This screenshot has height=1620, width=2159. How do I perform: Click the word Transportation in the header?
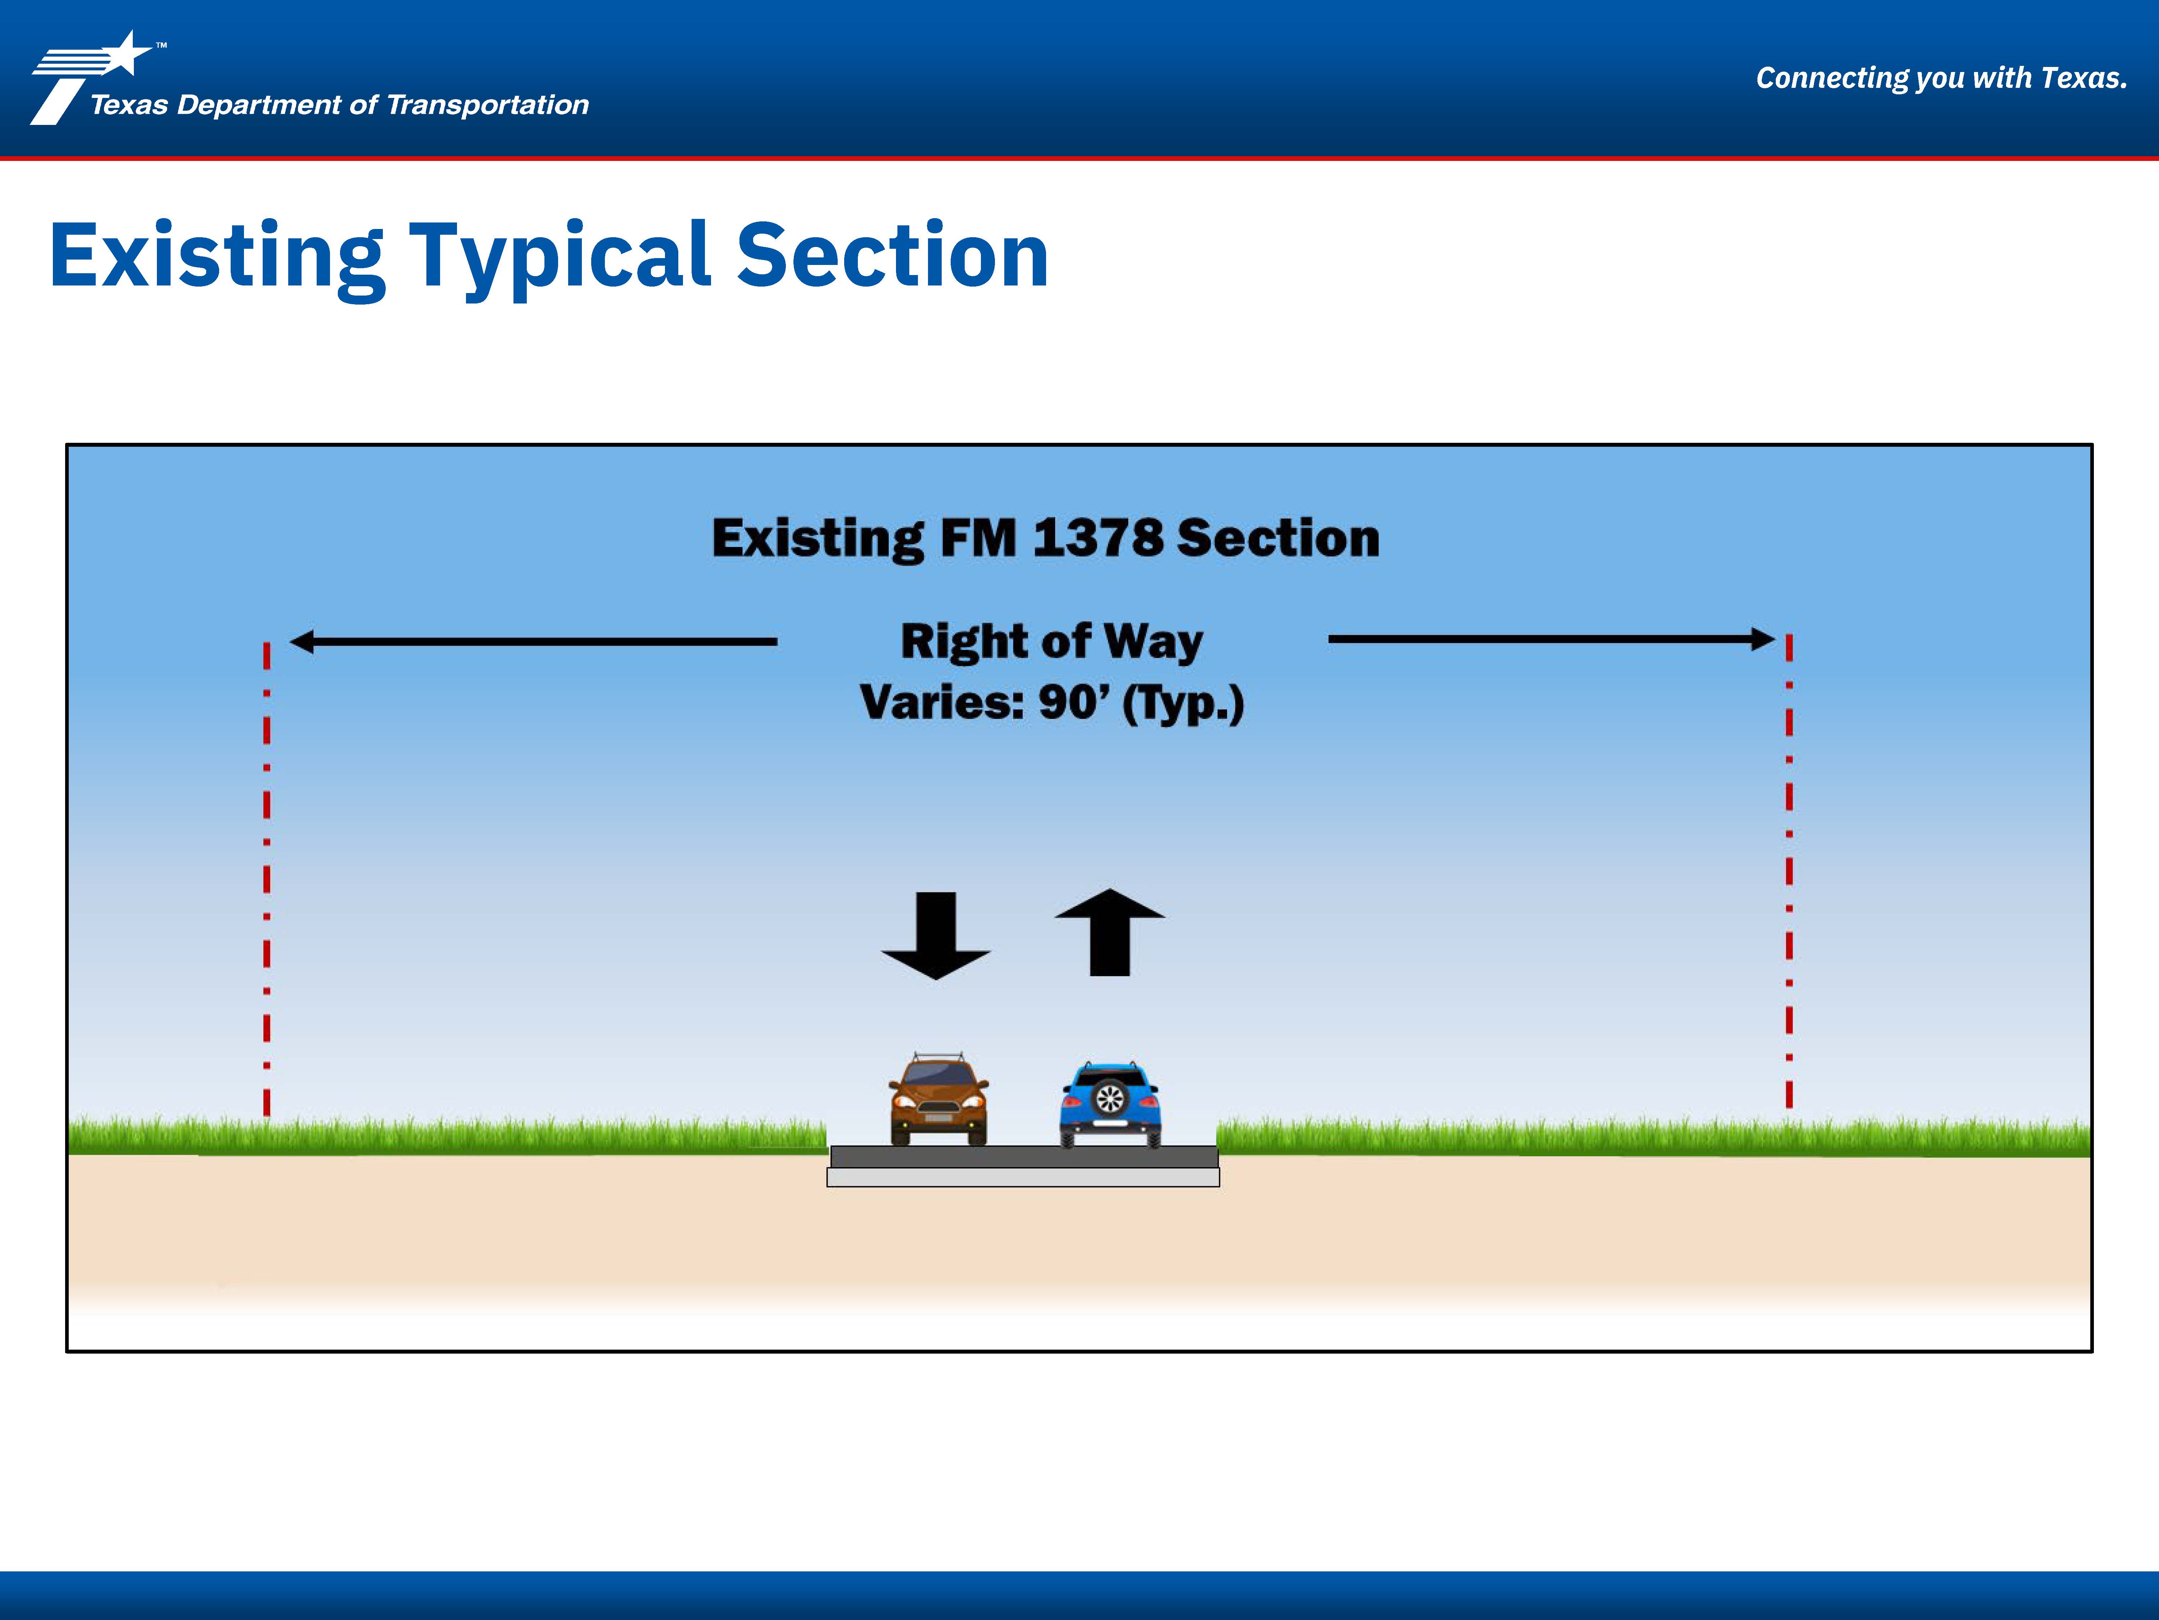pos(488,104)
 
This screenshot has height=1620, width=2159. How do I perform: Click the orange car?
pos(938,1099)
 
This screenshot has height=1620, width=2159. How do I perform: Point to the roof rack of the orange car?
pos(938,1058)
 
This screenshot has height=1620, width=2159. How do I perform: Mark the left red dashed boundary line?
pos(267,879)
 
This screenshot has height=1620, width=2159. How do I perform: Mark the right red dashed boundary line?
pos(1789,871)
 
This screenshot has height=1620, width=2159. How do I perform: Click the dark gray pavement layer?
pos(1024,1157)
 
